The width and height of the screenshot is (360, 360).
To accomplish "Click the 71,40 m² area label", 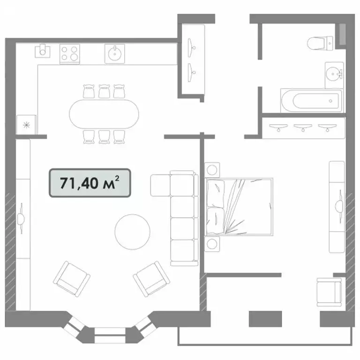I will pyautogui.click(x=90, y=184).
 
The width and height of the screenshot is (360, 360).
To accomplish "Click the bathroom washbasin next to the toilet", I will pyautogui.click(x=334, y=74).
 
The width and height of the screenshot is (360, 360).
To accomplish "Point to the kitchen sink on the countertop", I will pyautogui.click(x=114, y=53).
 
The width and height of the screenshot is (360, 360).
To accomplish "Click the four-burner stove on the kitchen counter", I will pyautogui.click(x=70, y=53).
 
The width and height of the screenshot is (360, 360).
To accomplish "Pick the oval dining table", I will pyautogui.click(x=104, y=114).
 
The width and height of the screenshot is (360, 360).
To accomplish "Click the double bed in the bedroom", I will pyautogui.click(x=239, y=206).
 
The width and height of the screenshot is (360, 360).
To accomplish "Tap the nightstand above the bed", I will pyautogui.click(x=212, y=169).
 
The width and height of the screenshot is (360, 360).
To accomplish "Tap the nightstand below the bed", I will pyautogui.click(x=212, y=244).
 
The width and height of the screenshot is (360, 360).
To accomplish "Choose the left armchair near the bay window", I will pyautogui.click(x=71, y=278).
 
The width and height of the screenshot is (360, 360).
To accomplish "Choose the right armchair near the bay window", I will pyautogui.click(x=149, y=278).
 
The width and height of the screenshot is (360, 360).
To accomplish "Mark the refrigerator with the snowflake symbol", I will pyautogui.click(x=26, y=125).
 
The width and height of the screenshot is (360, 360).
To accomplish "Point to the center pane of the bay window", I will pyautogui.click(x=111, y=332).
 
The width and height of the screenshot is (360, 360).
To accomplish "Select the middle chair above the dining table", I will pyautogui.click(x=104, y=91).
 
